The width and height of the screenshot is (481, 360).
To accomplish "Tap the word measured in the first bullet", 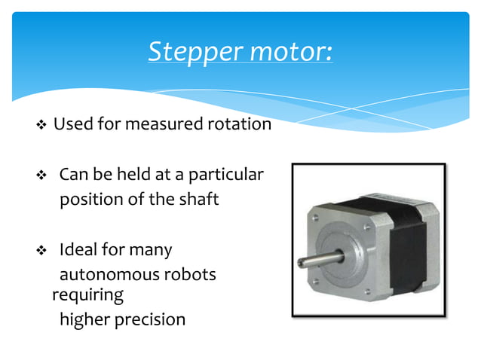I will point(164,124).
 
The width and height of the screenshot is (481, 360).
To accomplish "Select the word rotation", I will point(240,124).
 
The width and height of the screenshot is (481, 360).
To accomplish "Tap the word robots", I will point(191,274).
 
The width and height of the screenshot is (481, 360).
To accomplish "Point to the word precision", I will point(150,319).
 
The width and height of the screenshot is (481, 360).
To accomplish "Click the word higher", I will point(84,319).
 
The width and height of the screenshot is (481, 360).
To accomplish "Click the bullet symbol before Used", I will point(41,125).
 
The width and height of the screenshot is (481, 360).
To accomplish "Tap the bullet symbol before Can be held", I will point(41,176).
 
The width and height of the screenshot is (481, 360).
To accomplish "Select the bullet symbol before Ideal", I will point(41,250).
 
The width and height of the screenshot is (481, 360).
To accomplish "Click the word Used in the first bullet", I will point(72,124).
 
